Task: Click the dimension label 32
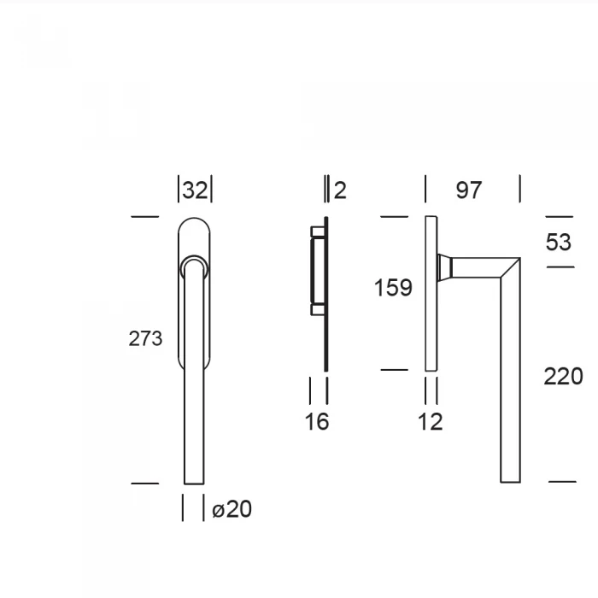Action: [x=195, y=190]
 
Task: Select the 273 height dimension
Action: [x=145, y=338]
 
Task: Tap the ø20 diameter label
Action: [x=232, y=509]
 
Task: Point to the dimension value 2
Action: [x=340, y=191]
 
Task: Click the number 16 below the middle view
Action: [x=317, y=422]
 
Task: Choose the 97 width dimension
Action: [x=469, y=191]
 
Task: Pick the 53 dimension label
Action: [x=559, y=242]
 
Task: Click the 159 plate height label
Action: [x=393, y=288]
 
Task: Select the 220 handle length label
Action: [x=563, y=377]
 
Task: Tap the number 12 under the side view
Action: [x=431, y=422]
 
